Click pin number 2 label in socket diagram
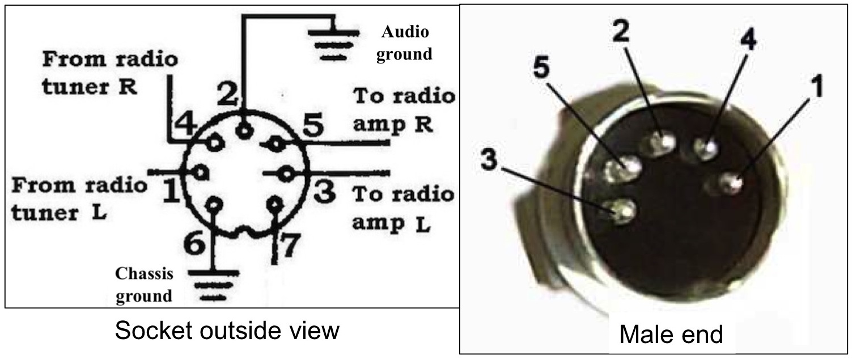[228, 96]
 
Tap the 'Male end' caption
[671, 334]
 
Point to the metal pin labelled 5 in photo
[621, 169]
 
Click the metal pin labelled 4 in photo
[706, 148]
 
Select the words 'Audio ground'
[405, 42]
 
